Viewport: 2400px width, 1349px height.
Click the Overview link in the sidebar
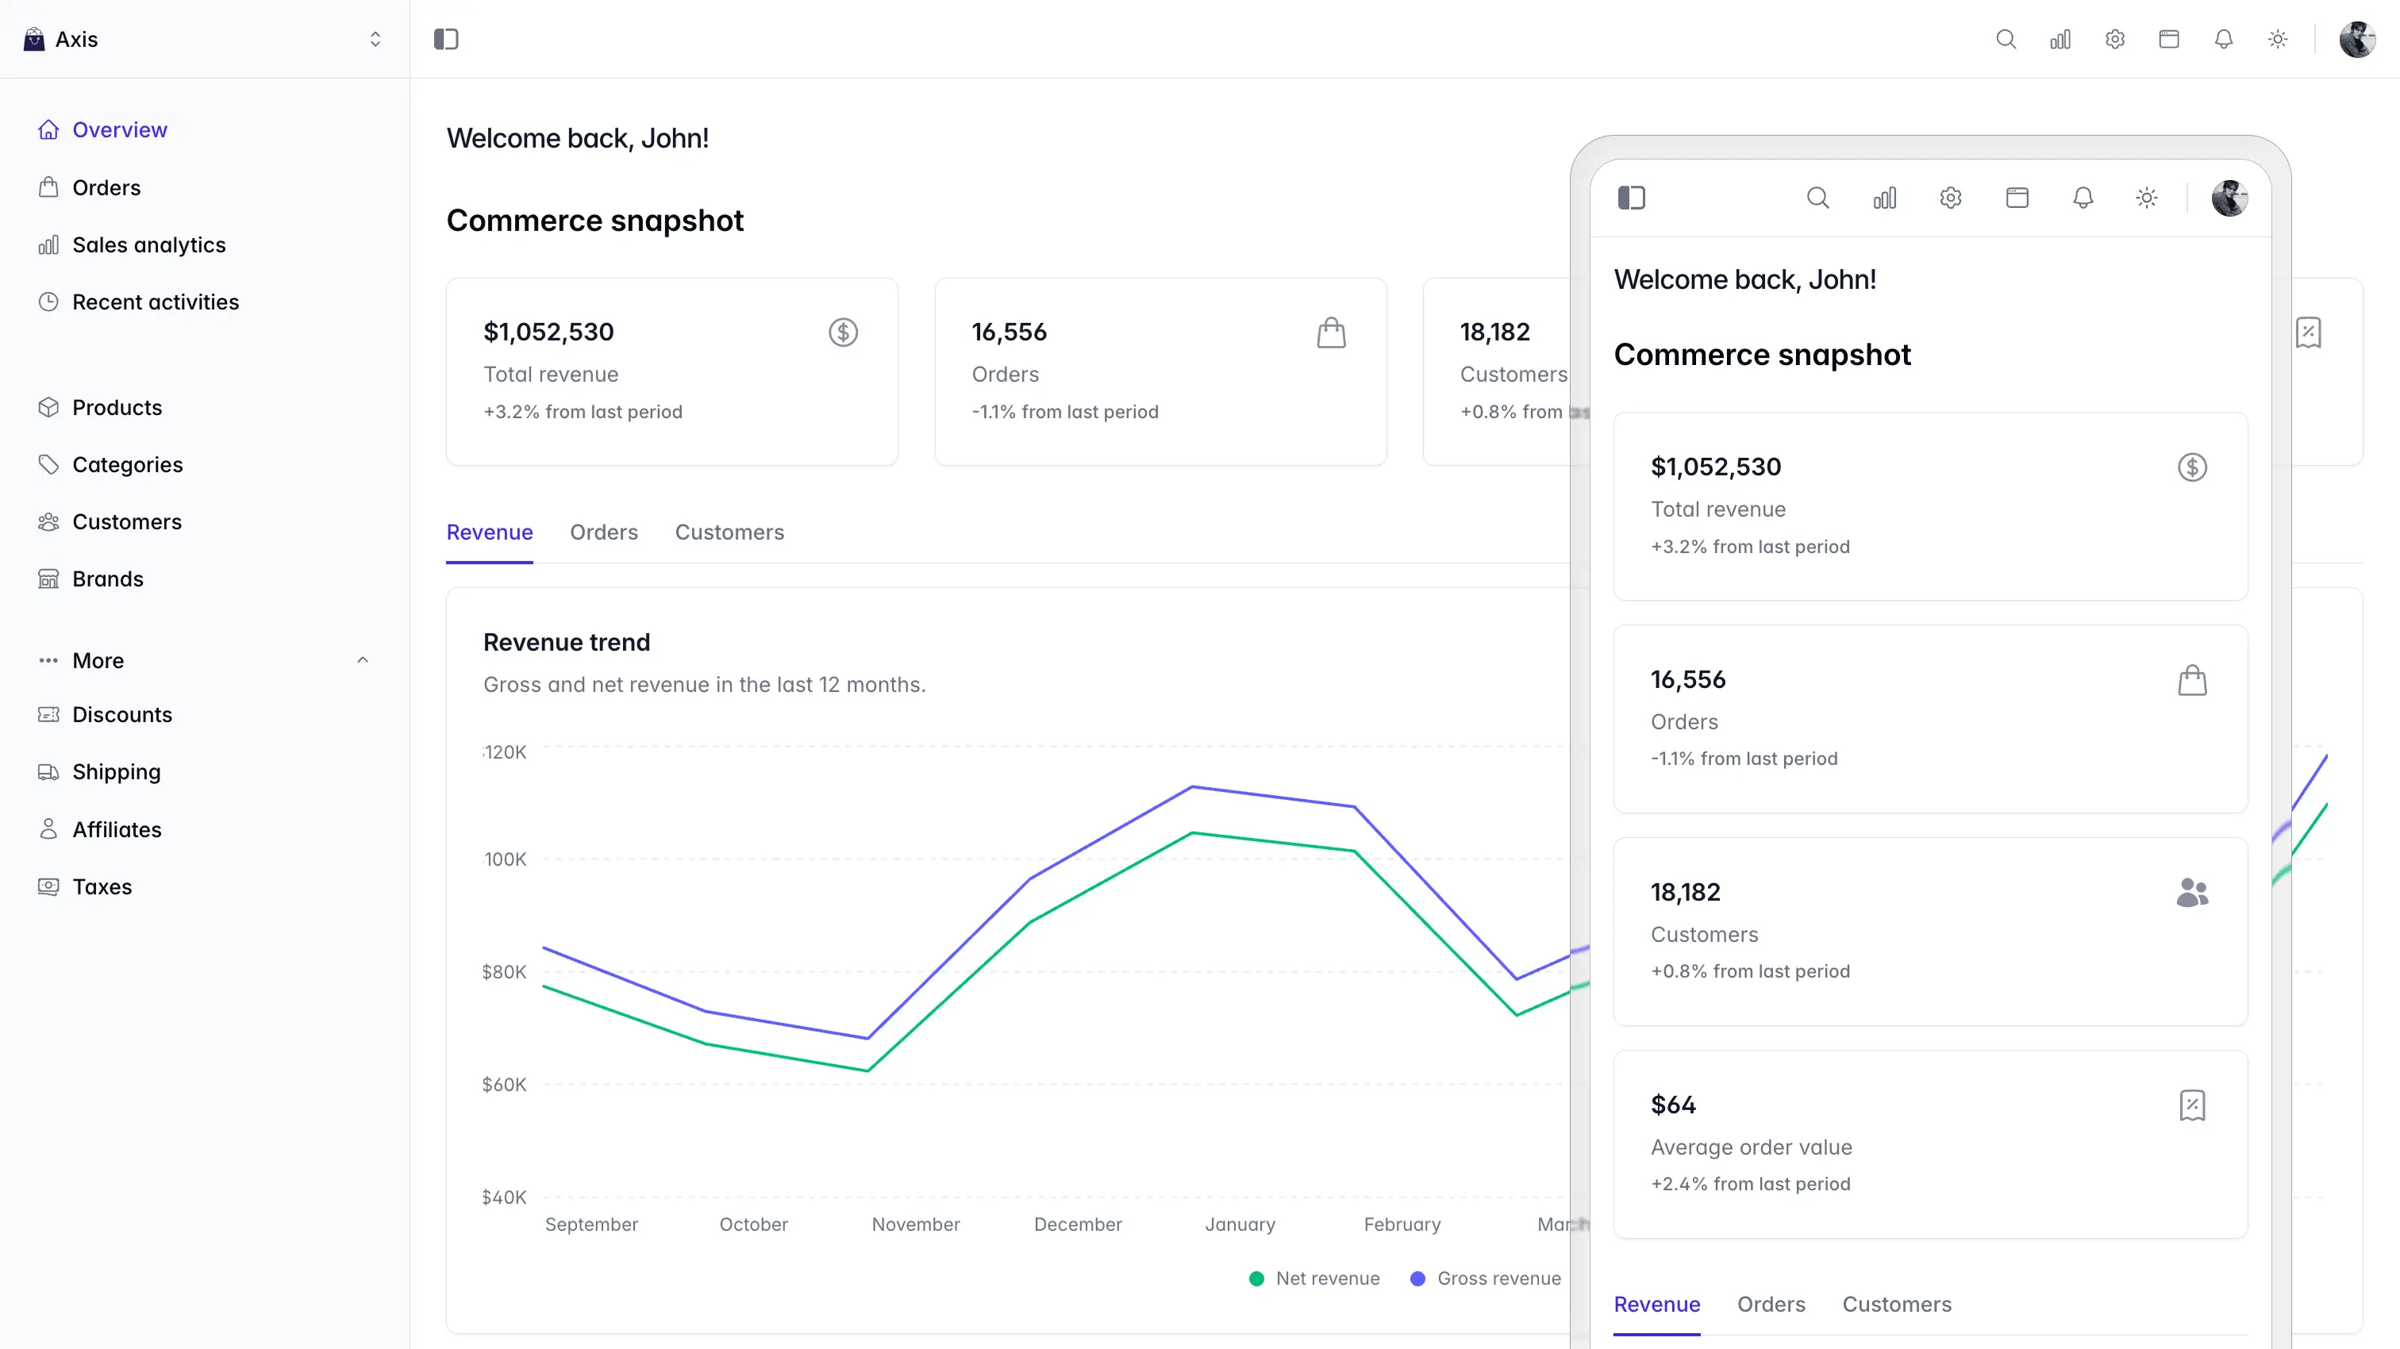[x=102, y=129]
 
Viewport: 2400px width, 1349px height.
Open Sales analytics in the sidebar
[x=132, y=245]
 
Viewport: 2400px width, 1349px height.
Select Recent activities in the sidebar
[x=138, y=302]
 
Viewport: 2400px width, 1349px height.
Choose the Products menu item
[x=100, y=407]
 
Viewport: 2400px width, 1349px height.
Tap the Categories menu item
[x=110, y=465]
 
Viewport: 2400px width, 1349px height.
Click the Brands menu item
[x=90, y=578]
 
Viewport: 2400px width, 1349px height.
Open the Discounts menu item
[x=104, y=714]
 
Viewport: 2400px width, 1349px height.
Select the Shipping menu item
[x=98, y=771]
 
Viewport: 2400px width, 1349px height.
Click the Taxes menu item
[x=85, y=887]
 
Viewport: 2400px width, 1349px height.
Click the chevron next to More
[x=363, y=660]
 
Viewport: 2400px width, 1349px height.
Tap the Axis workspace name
[x=76, y=39]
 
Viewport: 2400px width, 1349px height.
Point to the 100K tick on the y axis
[x=506, y=859]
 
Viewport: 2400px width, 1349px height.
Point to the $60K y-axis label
[x=504, y=1085]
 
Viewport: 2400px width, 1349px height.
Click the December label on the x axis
[x=1078, y=1224]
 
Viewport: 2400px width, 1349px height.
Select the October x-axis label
[x=754, y=1224]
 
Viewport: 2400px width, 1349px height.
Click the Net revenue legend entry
[x=1314, y=1278]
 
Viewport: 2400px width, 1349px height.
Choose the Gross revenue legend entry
[x=1485, y=1278]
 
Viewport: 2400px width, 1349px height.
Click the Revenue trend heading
[x=567, y=642]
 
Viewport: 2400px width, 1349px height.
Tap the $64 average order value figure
[x=1673, y=1105]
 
